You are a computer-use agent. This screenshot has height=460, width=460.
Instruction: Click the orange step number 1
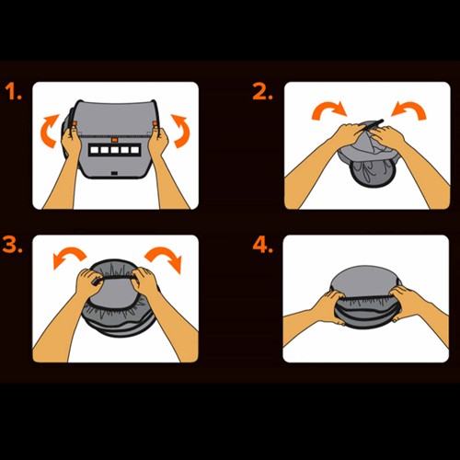coord(13,92)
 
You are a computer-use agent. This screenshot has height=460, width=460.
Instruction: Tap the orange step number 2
coord(262,92)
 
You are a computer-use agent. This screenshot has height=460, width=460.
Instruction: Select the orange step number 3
coord(12,245)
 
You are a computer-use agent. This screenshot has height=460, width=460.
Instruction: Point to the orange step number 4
coord(262,245)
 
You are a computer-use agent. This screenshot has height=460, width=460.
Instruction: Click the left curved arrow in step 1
coord(47,131)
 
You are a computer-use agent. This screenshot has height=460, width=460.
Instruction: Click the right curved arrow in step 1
coord(183,131)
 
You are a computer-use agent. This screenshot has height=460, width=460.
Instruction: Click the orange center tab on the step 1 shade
coord(114,140)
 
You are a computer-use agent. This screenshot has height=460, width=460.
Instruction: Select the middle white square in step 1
coord(115,150)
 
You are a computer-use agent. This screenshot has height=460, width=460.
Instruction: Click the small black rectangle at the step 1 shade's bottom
coord(114,173)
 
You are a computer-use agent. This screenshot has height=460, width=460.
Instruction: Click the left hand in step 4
coord(328,306)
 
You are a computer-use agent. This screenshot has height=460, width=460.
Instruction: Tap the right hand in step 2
coord(387,136)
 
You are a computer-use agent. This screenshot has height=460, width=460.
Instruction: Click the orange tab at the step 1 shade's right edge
coord(155,123)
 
